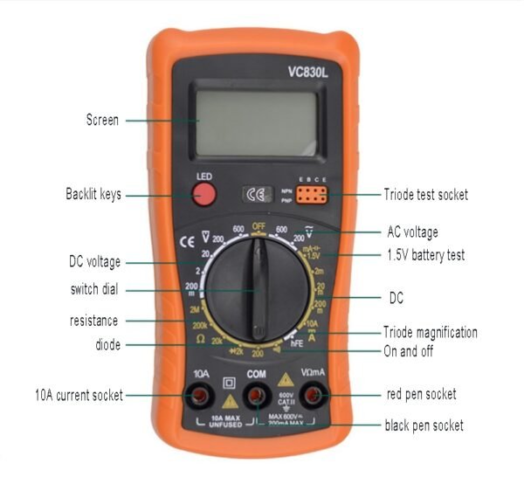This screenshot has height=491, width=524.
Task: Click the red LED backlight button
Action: [x=203, y=195]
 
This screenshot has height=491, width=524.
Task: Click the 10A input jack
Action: [x=199, y=398]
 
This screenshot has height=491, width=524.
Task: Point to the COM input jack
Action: [x=257, y=398]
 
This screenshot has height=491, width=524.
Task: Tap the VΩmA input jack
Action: [x=315, y=398]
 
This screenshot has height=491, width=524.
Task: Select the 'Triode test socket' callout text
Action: [x=425, y=194]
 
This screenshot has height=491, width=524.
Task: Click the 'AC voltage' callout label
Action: [x=412, y=232]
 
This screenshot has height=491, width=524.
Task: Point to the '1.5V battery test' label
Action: [x=425, y=255]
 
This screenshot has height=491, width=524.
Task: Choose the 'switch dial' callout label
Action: [x=93, y=290]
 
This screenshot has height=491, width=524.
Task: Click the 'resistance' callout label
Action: [x=93, y=321]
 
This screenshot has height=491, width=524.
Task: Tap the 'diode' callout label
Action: [x=106, y=344]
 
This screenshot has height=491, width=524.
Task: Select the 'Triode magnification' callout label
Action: [x=430, y=332]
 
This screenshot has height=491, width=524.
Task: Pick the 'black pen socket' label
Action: [x=424, y=425]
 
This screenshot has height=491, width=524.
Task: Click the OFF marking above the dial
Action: [x=259, y=225]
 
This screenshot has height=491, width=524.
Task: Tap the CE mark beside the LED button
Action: [x=256, y=194]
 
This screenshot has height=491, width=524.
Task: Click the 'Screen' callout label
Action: [x=102, y=120]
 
